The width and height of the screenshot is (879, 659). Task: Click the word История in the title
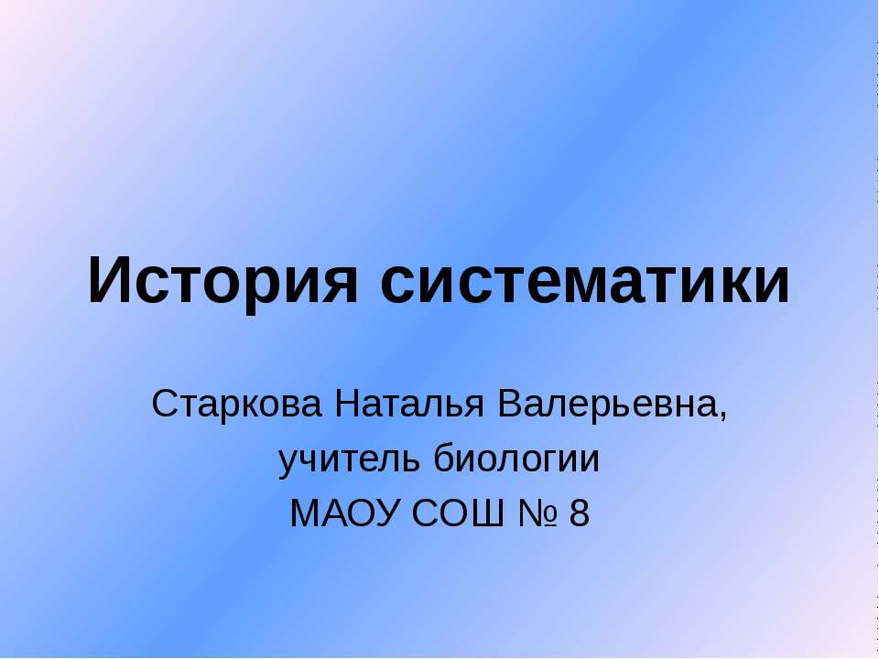tap(222, 281)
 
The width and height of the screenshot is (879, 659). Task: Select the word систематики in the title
tap(583, 282)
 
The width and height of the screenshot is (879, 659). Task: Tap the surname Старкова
tap(237, 403)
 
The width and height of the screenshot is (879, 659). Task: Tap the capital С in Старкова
tap(165, 403)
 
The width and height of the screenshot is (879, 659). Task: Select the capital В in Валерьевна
tap(507, 403)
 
